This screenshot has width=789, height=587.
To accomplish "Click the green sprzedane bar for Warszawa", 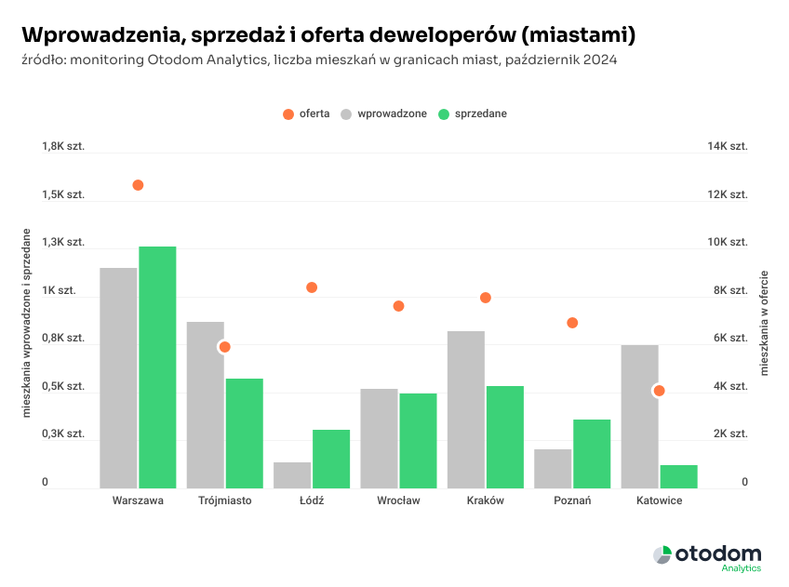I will [157, 367].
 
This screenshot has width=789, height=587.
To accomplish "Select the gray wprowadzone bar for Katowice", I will [639, 416].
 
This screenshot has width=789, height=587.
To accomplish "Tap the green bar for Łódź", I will [331, 458].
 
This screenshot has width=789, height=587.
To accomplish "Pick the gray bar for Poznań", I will [553, 468].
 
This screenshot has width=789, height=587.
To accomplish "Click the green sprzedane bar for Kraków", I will [504, 436].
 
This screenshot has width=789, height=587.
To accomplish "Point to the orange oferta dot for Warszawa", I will [138, 185].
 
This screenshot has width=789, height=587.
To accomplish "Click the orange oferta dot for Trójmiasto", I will [224, 347].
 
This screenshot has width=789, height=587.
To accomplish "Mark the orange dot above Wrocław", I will [398, 306].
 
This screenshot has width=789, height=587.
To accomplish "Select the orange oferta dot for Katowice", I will [659, 391].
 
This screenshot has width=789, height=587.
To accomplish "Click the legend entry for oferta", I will [307, 113].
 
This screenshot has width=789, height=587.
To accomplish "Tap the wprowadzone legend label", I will [391, 113].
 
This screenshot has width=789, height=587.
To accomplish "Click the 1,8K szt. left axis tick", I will [62, 147].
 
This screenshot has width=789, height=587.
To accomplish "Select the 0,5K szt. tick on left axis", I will [62, 386].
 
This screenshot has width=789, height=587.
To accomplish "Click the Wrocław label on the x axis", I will [398, 500].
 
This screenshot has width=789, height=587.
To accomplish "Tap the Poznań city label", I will [572, 500].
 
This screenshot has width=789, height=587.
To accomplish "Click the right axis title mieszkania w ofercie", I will [765, 323].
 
